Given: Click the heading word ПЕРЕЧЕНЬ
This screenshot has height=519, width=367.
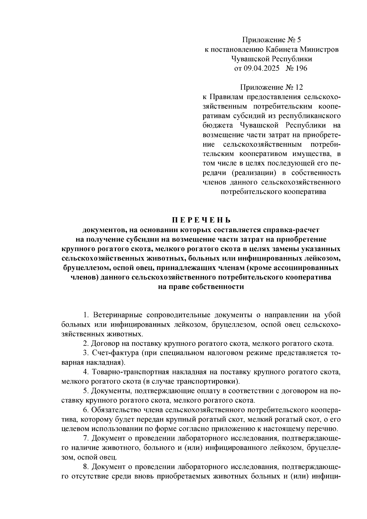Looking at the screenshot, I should [201, 220].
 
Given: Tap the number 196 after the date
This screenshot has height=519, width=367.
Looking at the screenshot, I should [301, 68].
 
